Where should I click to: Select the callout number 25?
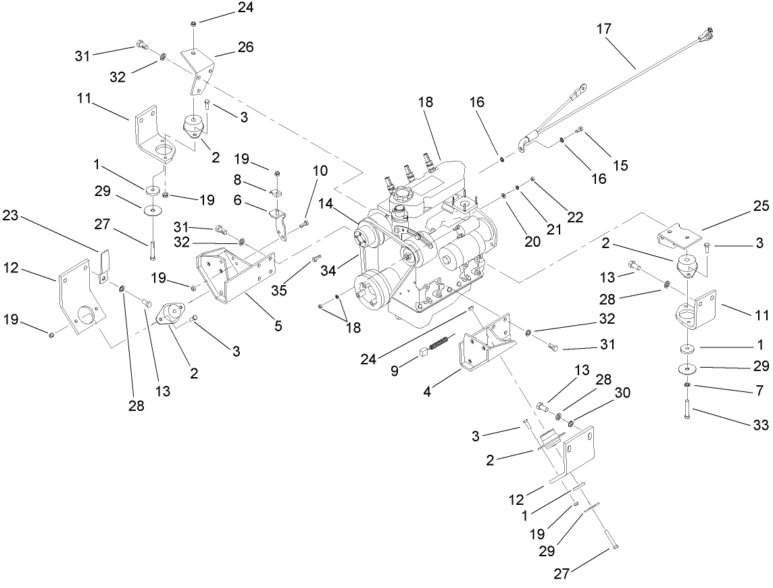point(760,207)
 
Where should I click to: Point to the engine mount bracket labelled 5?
point(233,274)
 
